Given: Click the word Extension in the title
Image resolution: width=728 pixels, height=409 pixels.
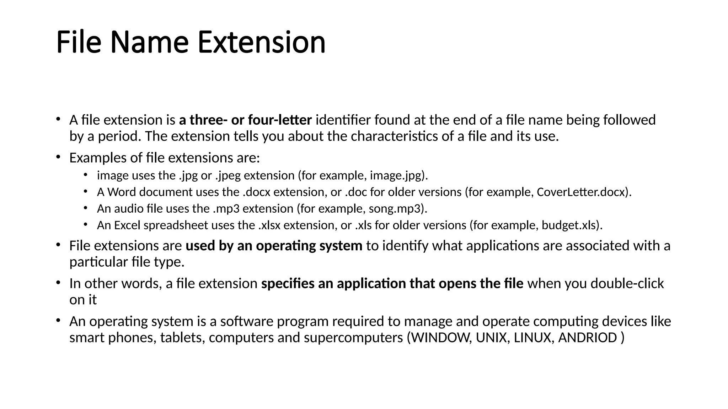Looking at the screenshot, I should [261, 43].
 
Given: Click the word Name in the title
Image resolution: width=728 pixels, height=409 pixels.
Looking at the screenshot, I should [149, 43].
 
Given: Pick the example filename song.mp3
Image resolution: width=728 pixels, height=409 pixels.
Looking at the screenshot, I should [395, 209].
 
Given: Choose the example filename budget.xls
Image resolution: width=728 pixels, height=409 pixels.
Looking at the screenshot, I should [569, 225].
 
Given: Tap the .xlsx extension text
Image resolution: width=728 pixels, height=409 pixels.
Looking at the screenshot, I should [269, 225].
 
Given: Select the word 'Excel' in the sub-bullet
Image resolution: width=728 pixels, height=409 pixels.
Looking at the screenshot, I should [127, 225].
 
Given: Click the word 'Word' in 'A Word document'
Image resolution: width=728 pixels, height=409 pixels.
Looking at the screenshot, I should [122, 192].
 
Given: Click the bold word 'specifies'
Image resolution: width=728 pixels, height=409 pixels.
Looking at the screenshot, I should [288, 284].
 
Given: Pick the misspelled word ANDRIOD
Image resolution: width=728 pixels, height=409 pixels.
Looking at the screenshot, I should [587, 338].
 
